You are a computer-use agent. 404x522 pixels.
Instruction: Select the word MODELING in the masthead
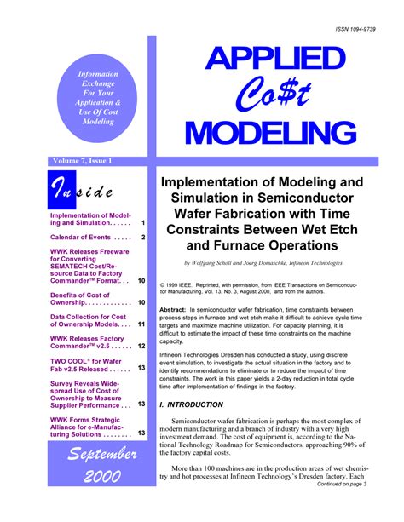coord(271,134)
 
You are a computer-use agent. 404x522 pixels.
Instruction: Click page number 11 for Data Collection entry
coord(141,324)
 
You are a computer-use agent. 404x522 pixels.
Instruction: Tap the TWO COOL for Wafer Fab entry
coord(89,364)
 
